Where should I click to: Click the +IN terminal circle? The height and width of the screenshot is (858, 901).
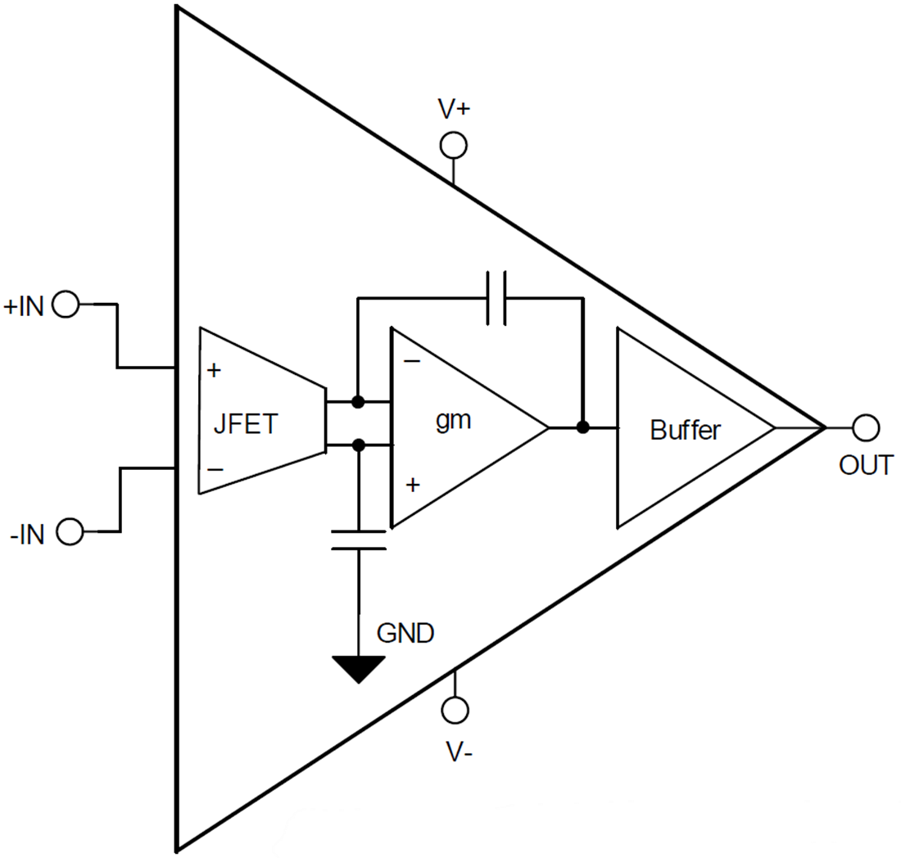point(65,305)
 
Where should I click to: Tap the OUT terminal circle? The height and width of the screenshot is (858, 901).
point(866,427)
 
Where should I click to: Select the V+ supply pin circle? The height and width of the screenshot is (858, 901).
point(453,145)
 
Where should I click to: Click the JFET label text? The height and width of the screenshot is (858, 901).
point(246,426)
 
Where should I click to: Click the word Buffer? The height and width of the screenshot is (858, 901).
point(686,430)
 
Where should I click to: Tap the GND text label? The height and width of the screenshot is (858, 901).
point(405,633)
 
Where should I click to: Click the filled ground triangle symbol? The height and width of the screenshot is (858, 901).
point(358,668)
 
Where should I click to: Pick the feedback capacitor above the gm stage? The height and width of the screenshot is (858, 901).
point(496,299)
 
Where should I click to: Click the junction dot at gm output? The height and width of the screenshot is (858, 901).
point(582,427)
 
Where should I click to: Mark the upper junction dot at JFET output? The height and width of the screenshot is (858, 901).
point(358,402)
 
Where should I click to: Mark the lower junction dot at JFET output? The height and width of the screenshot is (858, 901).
point(358,445)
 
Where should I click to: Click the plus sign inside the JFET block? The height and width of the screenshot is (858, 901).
point(214,370)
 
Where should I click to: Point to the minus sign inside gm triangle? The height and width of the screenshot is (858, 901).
point(413,361)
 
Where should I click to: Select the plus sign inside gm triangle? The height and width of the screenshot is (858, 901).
point(413,485)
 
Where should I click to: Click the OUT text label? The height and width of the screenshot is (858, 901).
point(866,465)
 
